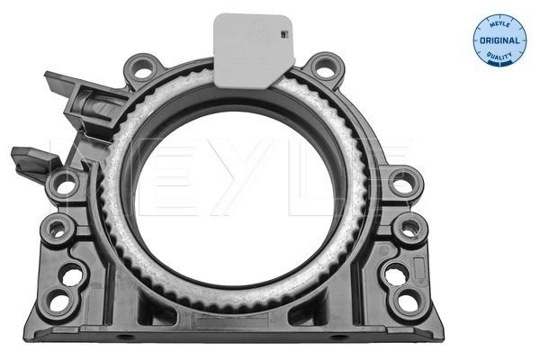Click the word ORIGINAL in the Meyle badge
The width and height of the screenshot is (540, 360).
[499, 40]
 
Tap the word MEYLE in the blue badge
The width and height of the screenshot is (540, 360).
[499, 26]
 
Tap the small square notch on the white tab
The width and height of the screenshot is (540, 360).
[284, 35]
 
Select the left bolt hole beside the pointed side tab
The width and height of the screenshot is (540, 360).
[65, 185]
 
